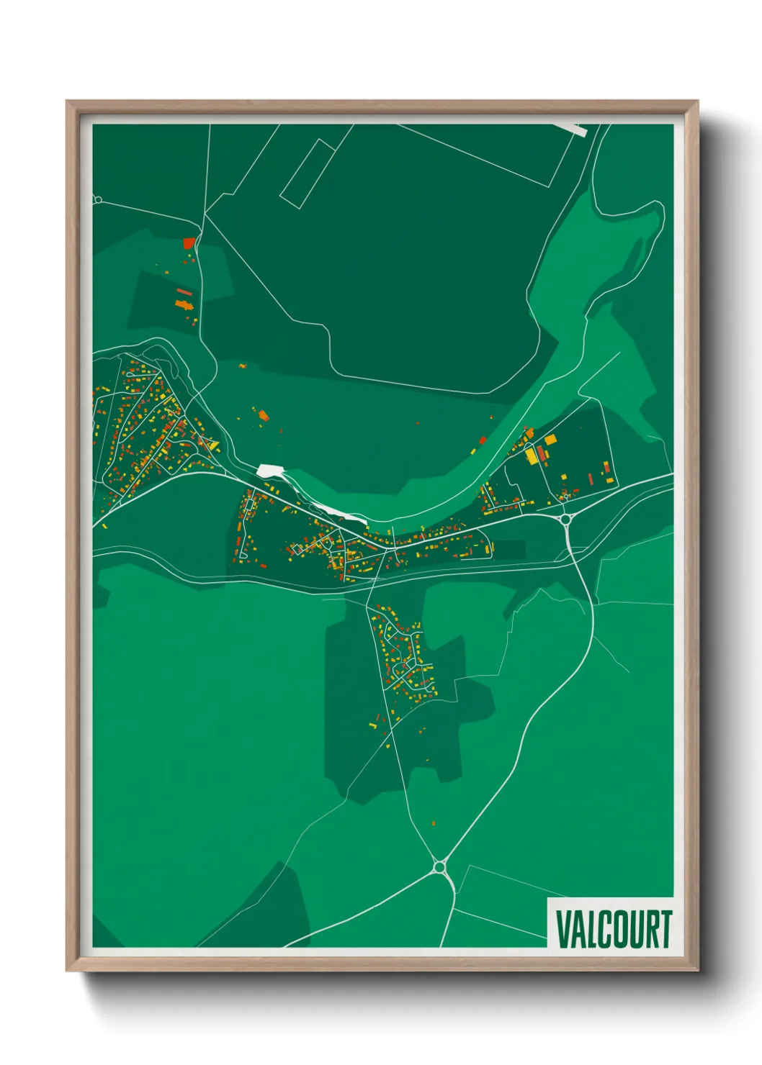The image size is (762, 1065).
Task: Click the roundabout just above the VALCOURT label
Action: coord(439,867)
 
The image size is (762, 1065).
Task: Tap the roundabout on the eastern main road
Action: coord(565,518)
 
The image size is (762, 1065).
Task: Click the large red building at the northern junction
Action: coord(189,243)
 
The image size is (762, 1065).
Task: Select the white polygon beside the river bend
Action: coord(269,471)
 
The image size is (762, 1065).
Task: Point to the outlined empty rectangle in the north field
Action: coord(308,174)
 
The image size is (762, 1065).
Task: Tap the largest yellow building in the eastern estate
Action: coord(532,456)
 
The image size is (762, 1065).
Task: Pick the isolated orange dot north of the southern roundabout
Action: coord(434,822)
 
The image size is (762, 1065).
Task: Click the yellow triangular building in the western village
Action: coord(213,446)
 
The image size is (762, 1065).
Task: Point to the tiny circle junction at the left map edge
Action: coord(98,199)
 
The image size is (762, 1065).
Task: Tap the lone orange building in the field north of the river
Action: coord(264,415)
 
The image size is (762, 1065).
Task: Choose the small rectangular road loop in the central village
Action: coord(249,506)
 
